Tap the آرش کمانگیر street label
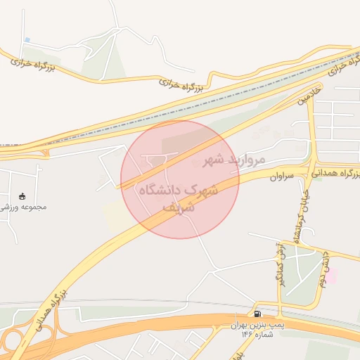278,260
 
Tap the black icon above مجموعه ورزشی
22,195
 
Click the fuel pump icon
257,314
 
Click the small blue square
27,39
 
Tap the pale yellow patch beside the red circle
115,214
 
